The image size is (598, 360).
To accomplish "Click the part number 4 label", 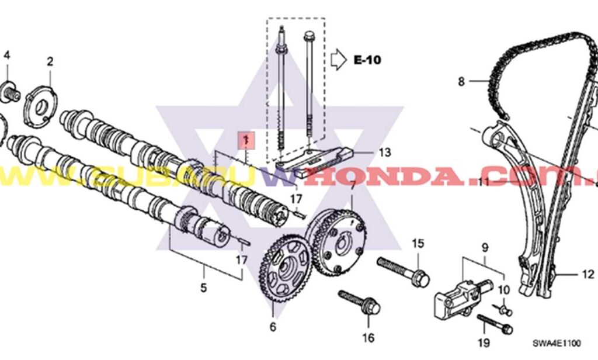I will click(x=7, y=56).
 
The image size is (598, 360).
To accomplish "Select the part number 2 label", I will click(x=50, y=61).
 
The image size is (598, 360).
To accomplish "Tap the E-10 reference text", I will click(x=367, y=60).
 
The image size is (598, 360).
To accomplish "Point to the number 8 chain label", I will click(x=461, y=82).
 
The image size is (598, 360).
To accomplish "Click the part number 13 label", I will click(x=384, y=153).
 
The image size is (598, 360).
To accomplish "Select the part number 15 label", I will click(x=418, y=243).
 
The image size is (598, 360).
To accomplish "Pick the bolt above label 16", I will click(x=359, y=301).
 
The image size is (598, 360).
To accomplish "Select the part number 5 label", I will click(x=204, y=288).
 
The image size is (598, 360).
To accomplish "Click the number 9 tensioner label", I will click(x=484, y=247).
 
